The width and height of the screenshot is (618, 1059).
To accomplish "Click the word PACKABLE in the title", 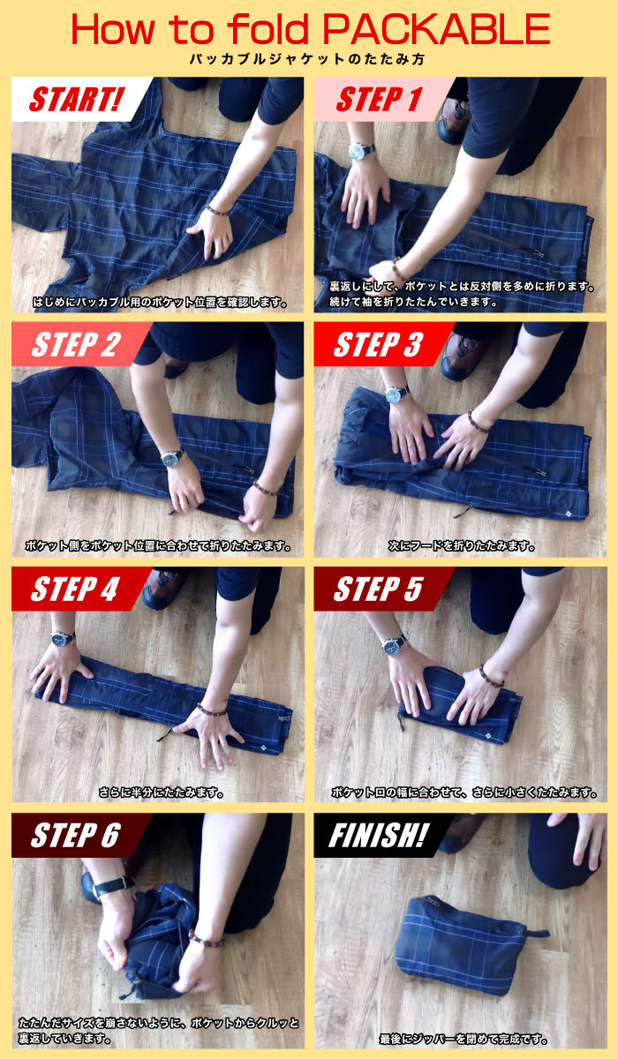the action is tap(436, 29).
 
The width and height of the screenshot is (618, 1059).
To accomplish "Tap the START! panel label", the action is tap(76, 100).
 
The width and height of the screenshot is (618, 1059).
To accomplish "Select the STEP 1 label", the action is tap(378, 100).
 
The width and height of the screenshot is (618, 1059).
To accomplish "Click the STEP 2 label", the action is tap(76, 345).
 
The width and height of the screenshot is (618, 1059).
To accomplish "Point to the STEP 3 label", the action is tap(378, 345).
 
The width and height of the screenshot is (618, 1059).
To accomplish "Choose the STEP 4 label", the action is tap(75, 590).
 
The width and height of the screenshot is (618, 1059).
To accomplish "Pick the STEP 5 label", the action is tap(378, 590).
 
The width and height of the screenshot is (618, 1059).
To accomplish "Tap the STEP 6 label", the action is tap(76, 836).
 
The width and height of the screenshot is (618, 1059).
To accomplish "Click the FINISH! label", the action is tap(379, 836).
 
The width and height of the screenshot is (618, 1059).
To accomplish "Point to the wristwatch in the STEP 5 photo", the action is tap(394, 645).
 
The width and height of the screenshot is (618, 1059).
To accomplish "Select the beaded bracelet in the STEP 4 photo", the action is tap(212, 710).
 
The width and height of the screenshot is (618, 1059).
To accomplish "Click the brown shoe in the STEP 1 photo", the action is tap(453, 119).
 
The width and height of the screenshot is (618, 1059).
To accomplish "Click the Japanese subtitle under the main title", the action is tap(308, 60).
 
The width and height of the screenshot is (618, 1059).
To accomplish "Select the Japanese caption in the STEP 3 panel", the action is tap(462, 546).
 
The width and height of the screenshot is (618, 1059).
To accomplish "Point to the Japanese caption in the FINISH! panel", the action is tap(463, 1040).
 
